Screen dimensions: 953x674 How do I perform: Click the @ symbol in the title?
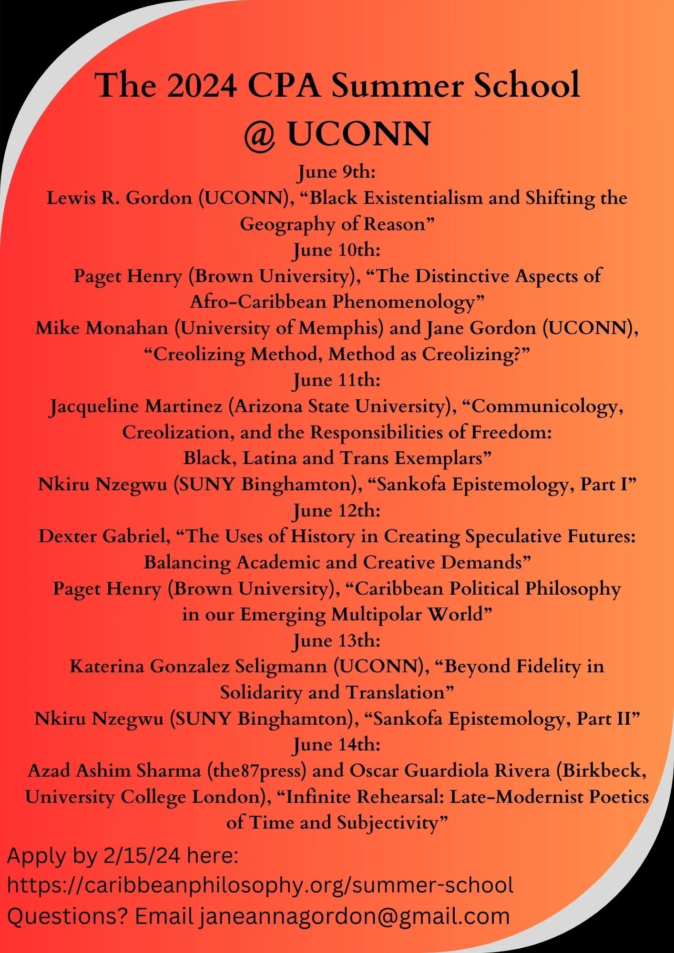pyautogui.click(x=260, y=135)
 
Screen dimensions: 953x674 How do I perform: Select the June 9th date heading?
pyautogui.click(x=337, y=172)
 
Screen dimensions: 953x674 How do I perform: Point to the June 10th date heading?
pyautogui.click(x=337, y=250)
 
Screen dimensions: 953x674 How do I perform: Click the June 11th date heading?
pyautogui.click(x=337, y=380)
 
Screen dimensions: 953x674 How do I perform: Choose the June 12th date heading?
pyautogui.click(x=337, y=510)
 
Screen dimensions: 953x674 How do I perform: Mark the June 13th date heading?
pyautogui.click(x=337, y=640)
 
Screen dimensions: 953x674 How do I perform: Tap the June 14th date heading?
pyautogui.click(x=337, y=744)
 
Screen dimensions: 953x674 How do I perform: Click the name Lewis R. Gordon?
pyautogui.click(x=119, y=198)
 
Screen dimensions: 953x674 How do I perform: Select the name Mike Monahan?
pyautogui.click(x=102, y=328)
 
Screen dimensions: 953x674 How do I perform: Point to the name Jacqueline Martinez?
pyautogui.click(x=136, y=406)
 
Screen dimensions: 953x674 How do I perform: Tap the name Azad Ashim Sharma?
pyautogui.click(x=114, y=771)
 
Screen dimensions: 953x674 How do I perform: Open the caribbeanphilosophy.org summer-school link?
pyautogui.click(x=260, y=885)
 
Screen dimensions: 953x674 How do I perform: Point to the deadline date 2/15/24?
pyautogui.click(x=142, y=856)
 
